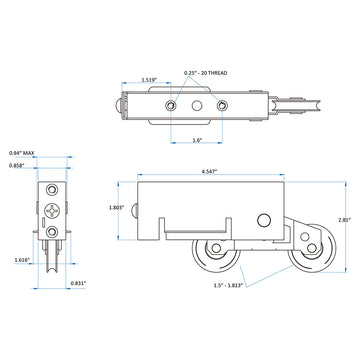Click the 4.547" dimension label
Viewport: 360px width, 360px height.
[209, 171]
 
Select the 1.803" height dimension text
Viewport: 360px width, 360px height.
[117, 207]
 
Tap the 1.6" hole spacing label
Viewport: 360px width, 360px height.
[198, 140]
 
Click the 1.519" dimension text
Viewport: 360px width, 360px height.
[149, 80]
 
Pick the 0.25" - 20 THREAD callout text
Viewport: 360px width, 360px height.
[206, 73]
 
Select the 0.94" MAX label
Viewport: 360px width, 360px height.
[22, 153]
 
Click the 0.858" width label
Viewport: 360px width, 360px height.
[17, 165]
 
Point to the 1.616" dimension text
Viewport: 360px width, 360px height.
[22, 260]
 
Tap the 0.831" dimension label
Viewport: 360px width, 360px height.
[78, 283]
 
